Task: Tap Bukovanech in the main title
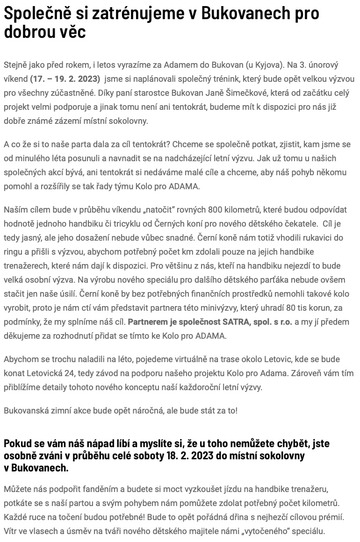(x=247, y=13)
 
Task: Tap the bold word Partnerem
(x=148, y=322)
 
